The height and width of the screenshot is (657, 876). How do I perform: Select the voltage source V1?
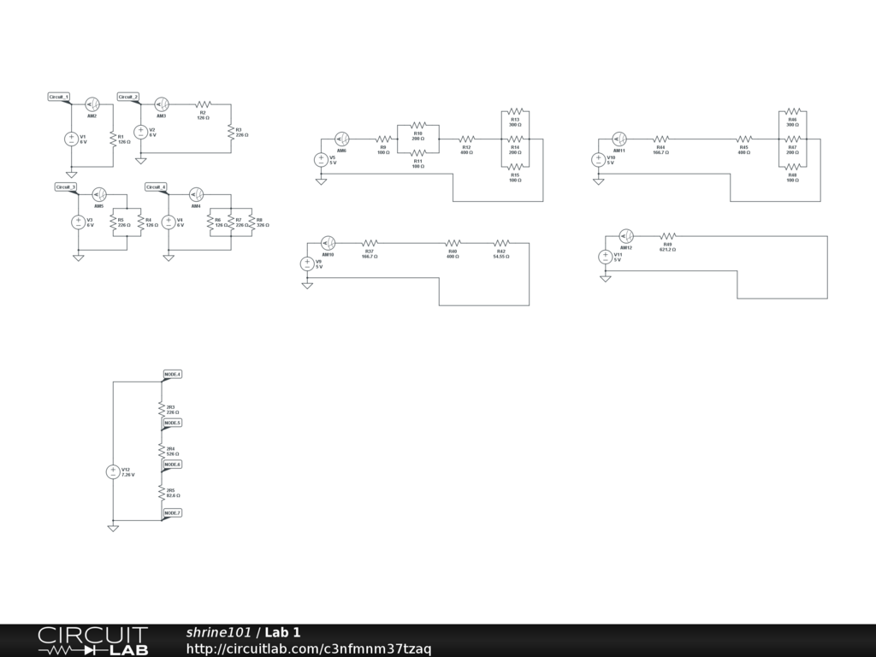point(72,139)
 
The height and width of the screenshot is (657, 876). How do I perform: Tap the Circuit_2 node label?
point(127,97)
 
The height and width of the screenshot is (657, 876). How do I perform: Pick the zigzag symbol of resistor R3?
point(230,132)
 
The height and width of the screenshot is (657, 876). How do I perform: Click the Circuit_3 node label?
point(65,186)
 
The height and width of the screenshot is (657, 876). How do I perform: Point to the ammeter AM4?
point(196,194)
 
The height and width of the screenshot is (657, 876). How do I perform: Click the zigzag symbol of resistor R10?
point(418,125)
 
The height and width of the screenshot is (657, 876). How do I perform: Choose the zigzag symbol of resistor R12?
point(466,139)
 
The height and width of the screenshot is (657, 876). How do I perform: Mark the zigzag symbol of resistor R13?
point(515,110)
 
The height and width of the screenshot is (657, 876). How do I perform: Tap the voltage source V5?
point(321,159)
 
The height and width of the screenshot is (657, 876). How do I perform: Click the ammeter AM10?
point(328,243)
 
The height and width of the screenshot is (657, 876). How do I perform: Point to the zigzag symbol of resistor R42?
point(501,243)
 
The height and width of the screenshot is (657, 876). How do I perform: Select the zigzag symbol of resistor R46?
point(793,110)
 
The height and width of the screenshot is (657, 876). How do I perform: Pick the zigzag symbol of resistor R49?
point(667,236)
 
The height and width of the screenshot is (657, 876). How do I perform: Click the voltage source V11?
point(606,257)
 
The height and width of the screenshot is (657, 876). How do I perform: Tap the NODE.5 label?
point(172,423)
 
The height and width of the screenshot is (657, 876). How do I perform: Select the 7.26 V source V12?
point(113,471)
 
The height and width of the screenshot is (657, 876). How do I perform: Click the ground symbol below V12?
point(113,528)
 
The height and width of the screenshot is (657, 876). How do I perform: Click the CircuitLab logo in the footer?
point(92,641)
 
